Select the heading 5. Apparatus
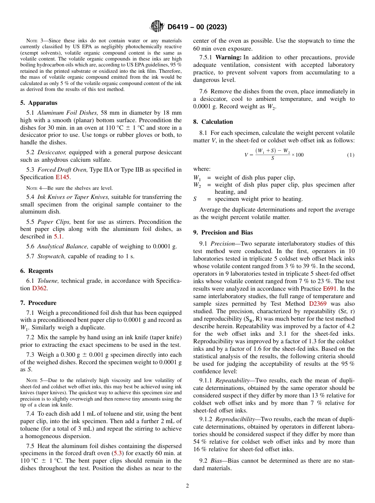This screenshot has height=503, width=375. pos(39,103)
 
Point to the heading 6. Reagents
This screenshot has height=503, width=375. pos(37,271)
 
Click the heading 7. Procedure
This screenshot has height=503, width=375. pos(38,303)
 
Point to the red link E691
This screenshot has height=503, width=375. pos(330,289)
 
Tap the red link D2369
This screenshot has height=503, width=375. pos(318,304)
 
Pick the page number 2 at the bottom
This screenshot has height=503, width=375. pos(187,486)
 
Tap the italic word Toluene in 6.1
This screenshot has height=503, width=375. pos(48,281)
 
